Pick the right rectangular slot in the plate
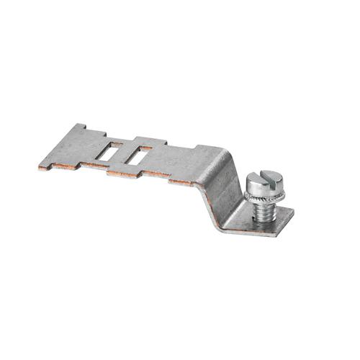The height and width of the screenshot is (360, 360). coord(139,155)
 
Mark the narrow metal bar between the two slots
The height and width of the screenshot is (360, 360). coord(125,153)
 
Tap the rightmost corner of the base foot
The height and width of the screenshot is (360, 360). coord(294,211)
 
